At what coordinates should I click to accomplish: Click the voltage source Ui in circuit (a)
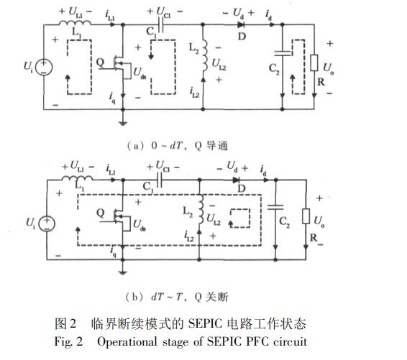point(44,67)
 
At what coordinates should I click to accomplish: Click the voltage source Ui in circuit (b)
point(47,223)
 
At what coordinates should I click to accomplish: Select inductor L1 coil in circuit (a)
point(75,23)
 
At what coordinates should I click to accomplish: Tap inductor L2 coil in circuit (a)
point(204,56)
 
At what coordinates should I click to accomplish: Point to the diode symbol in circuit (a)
point(241,25)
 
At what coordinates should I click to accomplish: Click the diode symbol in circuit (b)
point(235,180)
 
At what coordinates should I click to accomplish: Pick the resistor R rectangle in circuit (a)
point(314,63)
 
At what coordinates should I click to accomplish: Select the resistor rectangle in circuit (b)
point(306,216)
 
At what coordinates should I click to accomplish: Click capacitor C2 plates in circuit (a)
point(283,53)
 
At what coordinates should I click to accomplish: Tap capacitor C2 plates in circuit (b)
point(275,207)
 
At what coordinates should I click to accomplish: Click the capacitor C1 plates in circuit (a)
point(160,25)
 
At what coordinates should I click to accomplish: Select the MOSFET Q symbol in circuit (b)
point(118,221)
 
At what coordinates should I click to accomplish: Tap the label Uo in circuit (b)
point(319,222)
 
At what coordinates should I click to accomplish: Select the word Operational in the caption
point(127,342)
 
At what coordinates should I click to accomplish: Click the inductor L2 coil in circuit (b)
point(201,209)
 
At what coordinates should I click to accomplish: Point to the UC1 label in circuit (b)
point(163,166)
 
